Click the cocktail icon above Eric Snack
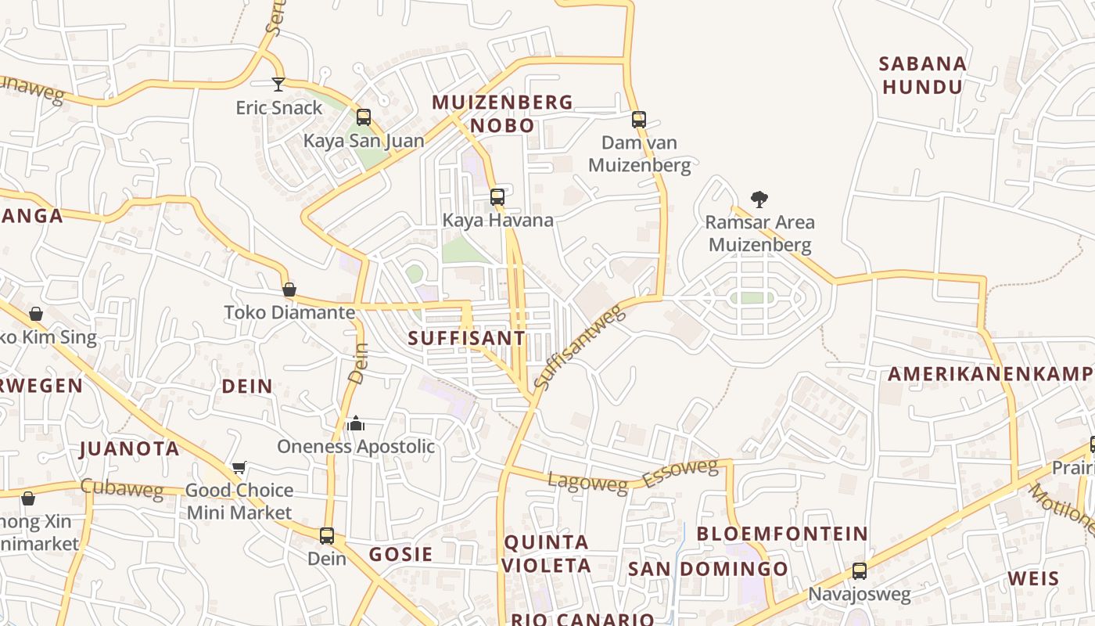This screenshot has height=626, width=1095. pyautogui.click(x=278, y=84)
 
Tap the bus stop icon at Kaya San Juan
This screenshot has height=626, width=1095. pyautogui.click(x=364, y=117)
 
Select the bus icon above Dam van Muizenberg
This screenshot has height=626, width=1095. pyautogui.click(x=639, y=120)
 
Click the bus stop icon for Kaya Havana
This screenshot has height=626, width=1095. pyautogui.click(x=497, y=197)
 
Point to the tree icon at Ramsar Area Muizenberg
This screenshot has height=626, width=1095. pyautogui.click(x=759, y=199)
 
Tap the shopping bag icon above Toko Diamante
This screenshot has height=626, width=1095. pyautogui.click(x=289, y=290)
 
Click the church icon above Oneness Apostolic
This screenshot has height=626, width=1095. pyautogui.click(x=356, y=423)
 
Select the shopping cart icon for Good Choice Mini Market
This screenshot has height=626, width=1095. pyautogui.click(x=239, y=467)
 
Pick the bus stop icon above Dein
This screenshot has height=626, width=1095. pyautogui.click(x=327, y=536)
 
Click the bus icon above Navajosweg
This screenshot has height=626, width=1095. pyautogui.click(x=860, y=571)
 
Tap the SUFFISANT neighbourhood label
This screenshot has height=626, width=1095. pyautogui.click(x=467, y=338)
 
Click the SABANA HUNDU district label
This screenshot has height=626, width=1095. pyautogui.click(x=923, y=75)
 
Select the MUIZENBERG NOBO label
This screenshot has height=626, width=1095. pyautogui.click(x=503, y=113)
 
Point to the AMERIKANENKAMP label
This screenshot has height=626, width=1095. pyautogui.click(x=990, y=373)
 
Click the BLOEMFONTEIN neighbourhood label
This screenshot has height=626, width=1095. pyautogui.click(x=782, y=534)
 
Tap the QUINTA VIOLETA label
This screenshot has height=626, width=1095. pyautogui.click(x=547, y=553)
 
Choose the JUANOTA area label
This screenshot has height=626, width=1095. pyautogui.click(x=130, y=449)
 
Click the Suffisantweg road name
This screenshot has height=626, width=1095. pyautogui.click(x=580, y=347)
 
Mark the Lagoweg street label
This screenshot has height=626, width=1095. pyautogui.click(x=587, y=483)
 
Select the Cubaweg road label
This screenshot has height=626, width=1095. pyautogui.click(x=122, y=489)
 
